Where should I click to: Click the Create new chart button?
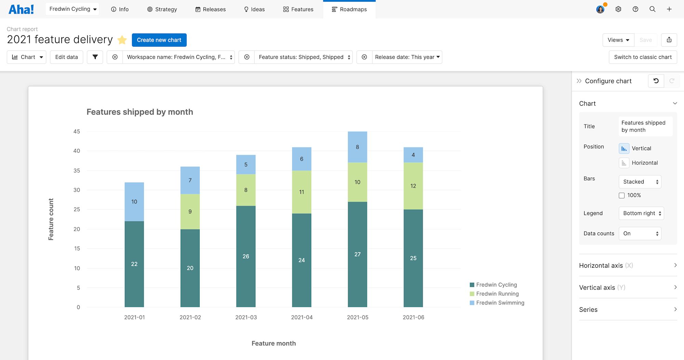[x=159, y=40]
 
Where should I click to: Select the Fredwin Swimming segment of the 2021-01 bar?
[x=134, y=202]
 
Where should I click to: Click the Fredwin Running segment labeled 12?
[x=413, y=186]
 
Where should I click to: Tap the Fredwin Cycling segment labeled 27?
[x=357, y=254]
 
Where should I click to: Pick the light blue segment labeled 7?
[x=190, y=180]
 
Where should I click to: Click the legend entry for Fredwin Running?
[x=497, y=294]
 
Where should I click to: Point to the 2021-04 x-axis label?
[x=302, y=317]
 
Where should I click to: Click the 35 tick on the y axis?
[x=77, y=171]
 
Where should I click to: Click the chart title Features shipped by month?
[x=140, y=112]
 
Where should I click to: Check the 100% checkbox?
[x=622, y=196]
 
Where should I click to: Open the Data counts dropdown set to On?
[x=640, y=234]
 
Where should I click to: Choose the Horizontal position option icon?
[x=624, y=163]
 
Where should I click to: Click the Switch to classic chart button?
[x=643, y=57]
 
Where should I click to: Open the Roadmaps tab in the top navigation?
[x=349, y=9]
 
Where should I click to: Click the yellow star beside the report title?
[x=122, y=40]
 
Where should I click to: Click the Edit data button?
[x=66, y=57]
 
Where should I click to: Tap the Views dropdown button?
[x=618, y=40]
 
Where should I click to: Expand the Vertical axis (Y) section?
[x=628, y=288]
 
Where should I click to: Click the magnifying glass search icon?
[x=652, y=9]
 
